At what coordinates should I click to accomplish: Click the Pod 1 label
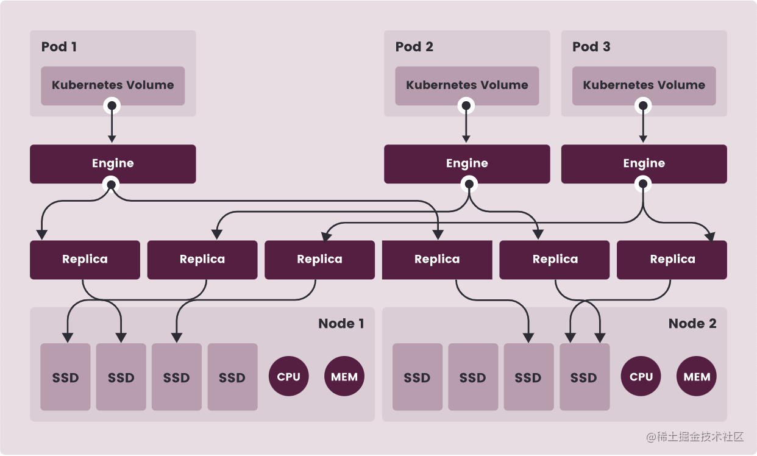click(59, 47)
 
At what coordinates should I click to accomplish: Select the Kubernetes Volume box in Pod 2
click(467, 85)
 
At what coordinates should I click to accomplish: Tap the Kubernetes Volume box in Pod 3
click(644, 85)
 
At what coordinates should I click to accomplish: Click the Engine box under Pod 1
click(113, 163)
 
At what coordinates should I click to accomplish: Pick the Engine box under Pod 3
click(644, 163)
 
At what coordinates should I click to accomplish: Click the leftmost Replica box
click(85, 260)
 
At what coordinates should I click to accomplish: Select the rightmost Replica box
click(672, 260)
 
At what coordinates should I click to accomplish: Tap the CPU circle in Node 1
click(288, 377)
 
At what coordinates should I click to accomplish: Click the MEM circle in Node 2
click(697, 377)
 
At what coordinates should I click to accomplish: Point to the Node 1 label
click(341, 324)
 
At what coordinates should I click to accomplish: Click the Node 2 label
click(692, 324)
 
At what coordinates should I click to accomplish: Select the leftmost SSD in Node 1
click(65, 377)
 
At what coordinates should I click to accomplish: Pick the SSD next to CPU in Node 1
click(232, 377)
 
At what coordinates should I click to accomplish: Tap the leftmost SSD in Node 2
click(418, 377)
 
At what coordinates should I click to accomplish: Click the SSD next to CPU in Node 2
click(584, 377)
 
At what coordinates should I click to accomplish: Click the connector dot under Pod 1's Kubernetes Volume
click(112, 106)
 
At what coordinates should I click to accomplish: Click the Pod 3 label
click(591, 47)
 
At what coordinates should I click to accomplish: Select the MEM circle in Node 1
click(344, 377)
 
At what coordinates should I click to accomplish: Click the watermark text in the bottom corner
click(694, 436)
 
